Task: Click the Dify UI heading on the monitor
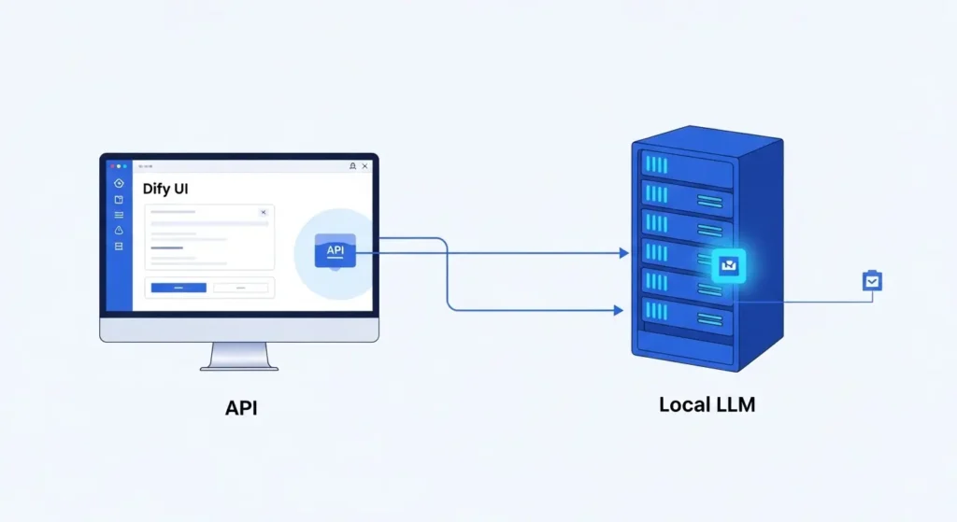click(166, 189)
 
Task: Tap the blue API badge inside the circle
click(335, 250)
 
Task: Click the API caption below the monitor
click(240, 407)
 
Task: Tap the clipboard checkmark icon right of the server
click(871, 280)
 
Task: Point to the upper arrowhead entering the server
click(622, 253)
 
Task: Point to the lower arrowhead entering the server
click(618, 310)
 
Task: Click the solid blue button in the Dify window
click(178, 288)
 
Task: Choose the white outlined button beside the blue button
click(240, 288)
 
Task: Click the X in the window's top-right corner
click(364, 166)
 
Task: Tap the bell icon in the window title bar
click(351, 166)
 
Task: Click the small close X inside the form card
click(263, 212)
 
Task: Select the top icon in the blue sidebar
click(119, 183)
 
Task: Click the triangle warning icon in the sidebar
click(119, 230)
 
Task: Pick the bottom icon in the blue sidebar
click(119, 246)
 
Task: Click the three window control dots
click(119, 166)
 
